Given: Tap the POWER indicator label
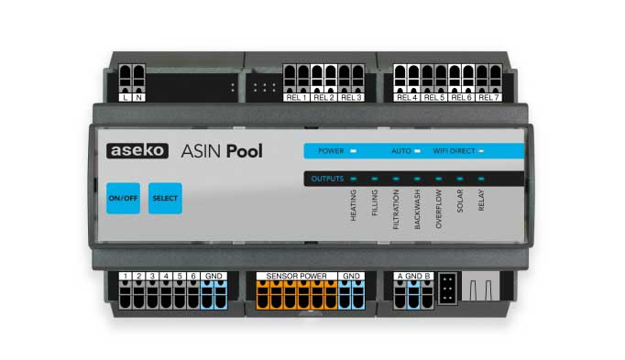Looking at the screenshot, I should (x=331, y=149).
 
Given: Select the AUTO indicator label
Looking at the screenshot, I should (x=400, y=149).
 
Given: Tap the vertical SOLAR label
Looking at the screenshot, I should (x=460, y=202).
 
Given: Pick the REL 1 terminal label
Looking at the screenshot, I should (x=296, y=96).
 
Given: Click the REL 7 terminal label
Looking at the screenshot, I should (x=488, y=96).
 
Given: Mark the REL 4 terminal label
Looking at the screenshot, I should (x=407, y=96).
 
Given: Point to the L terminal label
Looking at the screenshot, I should (x=126, y=96).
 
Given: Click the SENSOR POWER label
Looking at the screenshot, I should (x=296, y=276).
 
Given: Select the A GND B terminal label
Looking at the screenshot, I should (x=414, y=276).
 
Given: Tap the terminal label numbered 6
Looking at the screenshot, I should (x=193, y=276).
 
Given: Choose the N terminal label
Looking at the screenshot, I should (x=138, y=96).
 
